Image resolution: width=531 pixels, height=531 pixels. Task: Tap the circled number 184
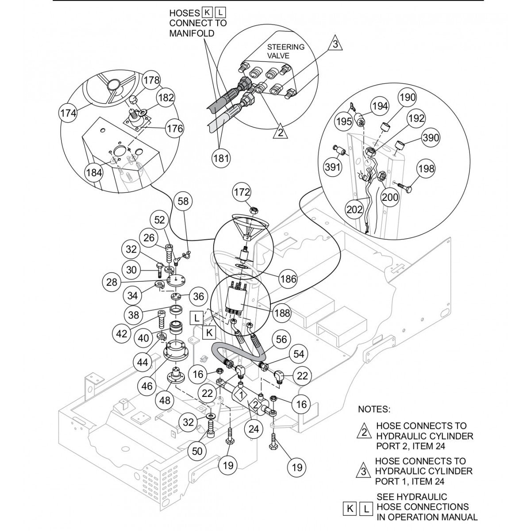point(93,173)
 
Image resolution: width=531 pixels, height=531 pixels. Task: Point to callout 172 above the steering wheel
point(242,192)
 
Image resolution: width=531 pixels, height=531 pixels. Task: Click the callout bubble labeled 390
point(430,138)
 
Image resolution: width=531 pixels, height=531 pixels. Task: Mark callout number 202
point(355,210)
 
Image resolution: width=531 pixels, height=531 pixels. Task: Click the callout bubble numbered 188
point(282,313)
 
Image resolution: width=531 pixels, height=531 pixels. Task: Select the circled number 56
point(281,339)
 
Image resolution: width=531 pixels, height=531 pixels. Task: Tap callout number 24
point(254,428)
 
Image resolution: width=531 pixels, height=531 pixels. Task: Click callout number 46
point(146,386)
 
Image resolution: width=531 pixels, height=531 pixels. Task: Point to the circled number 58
point(183,202)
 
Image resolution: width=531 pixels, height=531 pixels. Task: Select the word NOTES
point(374,409)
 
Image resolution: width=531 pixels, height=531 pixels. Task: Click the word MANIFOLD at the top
point(192,33)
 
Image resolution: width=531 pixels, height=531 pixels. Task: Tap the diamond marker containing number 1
point(241,393)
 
